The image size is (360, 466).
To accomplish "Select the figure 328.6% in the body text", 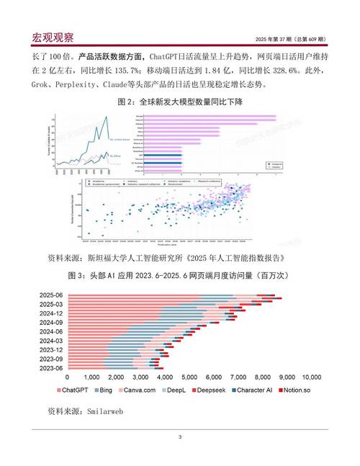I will [x=282, y=71].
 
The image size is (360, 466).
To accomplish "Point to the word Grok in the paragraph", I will [x=40, y=85].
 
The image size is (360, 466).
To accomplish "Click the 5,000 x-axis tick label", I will [x=189, y=377].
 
